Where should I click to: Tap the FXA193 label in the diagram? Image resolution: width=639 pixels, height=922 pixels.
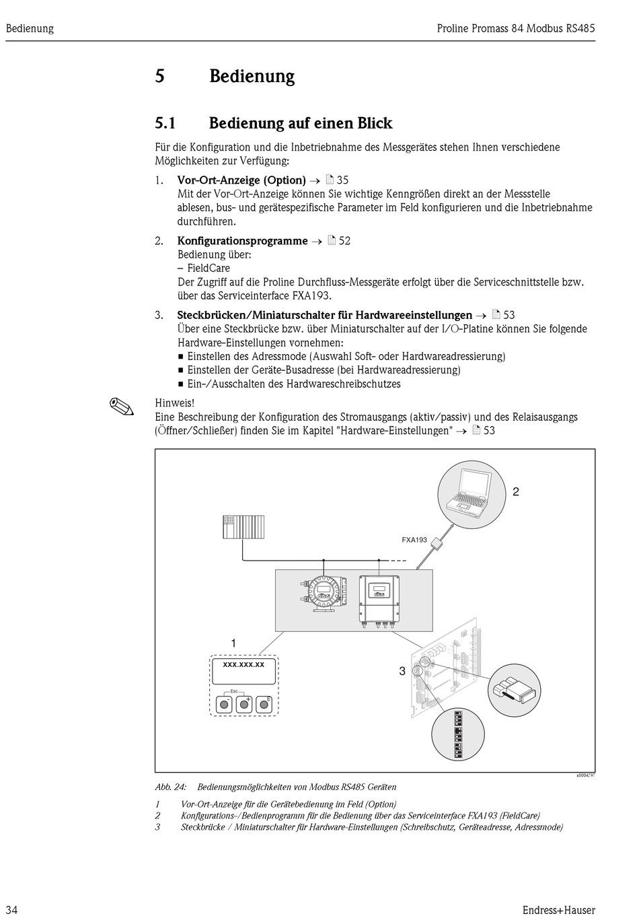414,540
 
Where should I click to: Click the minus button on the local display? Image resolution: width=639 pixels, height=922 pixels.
223,704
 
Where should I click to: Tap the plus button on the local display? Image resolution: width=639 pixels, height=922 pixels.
243,704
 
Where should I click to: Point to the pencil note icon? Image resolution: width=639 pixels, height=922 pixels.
121,406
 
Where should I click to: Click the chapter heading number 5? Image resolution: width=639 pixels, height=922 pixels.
160,76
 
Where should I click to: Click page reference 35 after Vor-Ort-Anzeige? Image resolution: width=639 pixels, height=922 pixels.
342,180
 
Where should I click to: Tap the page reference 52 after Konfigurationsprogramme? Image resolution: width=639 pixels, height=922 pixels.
344,240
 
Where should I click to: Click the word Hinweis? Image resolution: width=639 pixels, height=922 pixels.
175,402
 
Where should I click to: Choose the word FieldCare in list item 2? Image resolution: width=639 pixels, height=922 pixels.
208,268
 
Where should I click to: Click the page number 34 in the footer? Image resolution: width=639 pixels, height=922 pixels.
11,910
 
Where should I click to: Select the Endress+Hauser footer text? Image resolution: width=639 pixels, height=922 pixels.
558,910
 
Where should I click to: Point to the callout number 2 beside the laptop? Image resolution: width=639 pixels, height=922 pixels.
516,492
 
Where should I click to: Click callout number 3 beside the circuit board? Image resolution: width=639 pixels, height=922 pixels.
402,671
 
